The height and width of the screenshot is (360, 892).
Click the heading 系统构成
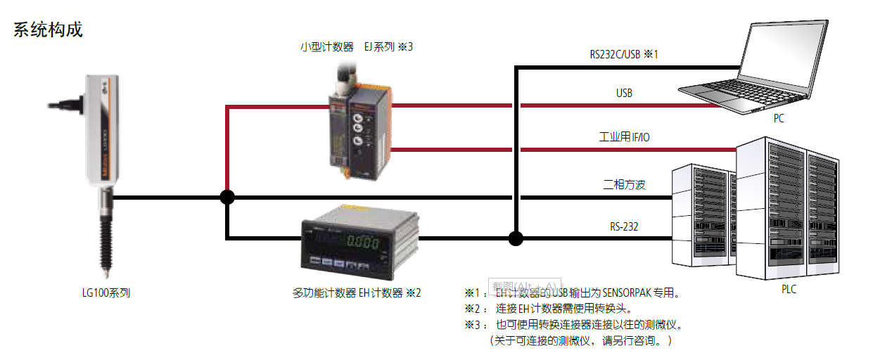click(48, 30)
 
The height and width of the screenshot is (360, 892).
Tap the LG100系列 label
click(106, 293)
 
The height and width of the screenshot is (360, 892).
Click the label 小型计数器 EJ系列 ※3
click(356, 47)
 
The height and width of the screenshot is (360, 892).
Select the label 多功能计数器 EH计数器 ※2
click(356, 293)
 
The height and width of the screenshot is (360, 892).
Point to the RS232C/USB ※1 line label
click(624, 54)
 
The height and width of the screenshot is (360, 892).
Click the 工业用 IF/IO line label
click(624, 137)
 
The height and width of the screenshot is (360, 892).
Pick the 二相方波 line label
click(624, 185)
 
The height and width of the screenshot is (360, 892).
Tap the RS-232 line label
click(624, 226)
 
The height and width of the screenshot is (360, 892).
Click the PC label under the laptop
click(779, 119)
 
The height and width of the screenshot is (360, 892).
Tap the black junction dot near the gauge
click(227, 197)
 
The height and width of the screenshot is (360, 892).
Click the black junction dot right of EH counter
click(516, 238)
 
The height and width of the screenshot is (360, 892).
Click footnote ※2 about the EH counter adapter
click(549, 309)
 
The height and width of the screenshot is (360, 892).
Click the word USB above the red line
click(624, 93)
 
